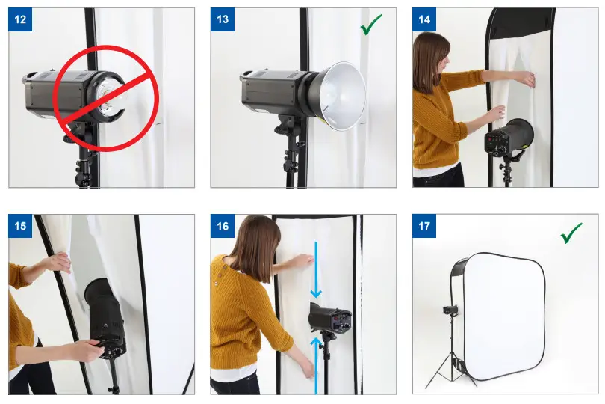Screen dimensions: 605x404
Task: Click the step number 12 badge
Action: (20, 19)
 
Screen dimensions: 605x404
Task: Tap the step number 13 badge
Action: (223, 19)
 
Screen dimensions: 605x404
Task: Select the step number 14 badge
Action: (424, 19)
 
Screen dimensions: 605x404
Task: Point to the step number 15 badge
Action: (20, 226)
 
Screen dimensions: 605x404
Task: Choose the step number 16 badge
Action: (223, 226)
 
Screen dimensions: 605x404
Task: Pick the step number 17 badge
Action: (424, 226)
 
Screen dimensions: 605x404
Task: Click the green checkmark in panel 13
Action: (370, 25)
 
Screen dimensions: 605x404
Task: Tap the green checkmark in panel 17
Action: (571, 233)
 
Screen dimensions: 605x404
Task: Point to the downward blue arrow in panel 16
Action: (316, 269)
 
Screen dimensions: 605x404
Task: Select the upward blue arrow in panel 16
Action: (316, 365)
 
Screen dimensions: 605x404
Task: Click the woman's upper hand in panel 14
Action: (525, 79)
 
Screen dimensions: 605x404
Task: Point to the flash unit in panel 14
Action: (509, 137)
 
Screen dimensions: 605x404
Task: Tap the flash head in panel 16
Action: (330, 317)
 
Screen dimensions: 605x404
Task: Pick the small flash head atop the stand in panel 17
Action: (450, 310)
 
